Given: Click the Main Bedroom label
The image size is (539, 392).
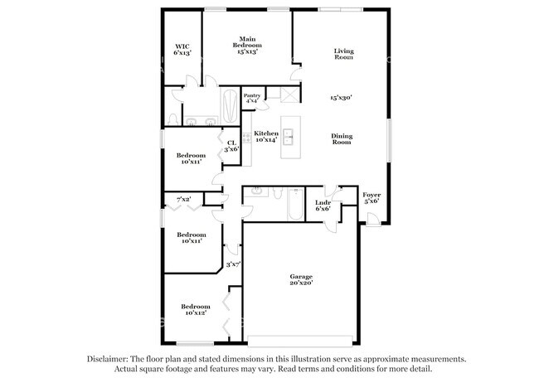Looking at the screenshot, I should pyautogui.click(x=246, y=45).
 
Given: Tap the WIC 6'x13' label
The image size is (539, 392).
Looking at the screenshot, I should pyautogui.click(x=182, y=49).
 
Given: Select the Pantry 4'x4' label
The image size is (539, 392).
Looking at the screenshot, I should pyautogui.click(x=252, y=98).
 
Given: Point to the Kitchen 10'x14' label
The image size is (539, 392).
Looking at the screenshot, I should pyautogui.click(x=265, y=137).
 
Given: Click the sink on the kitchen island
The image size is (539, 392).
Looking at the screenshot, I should pyautogui.click(x=289, y=138).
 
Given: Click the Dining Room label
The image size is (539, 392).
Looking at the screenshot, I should pyautogui.click(x=342, y=140).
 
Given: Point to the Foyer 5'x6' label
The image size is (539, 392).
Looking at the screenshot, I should pyautogui.click(x=371, y=197).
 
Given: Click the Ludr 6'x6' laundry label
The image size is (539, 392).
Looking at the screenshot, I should pyautogui.click(x=323, y=206).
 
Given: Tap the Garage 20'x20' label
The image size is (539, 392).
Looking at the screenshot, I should pyautogui.click(x=300, y=279).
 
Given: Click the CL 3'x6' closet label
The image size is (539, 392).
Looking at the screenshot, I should pyautogui.click(x=232, y=145).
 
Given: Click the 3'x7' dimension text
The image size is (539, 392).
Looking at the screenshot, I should pyautogui.click(x=234, y=264).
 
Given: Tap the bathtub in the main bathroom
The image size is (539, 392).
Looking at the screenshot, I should pyautogui.click(x=230, y=105).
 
